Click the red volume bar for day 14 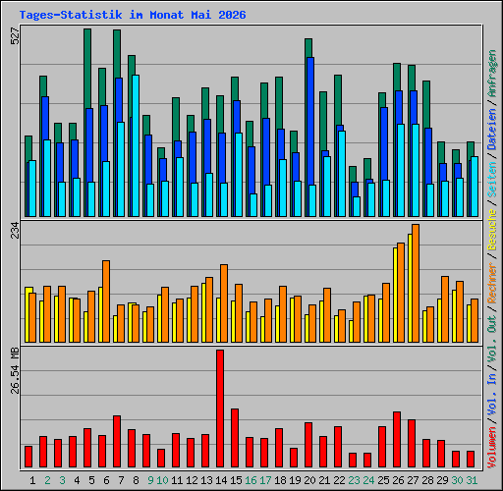click(x=220, y=409)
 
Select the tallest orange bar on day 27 click(x=416, y=283)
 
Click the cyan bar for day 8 click(x=136, y=145)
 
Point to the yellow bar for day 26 click(x=395, y=295)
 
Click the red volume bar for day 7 click(x=117, y=441)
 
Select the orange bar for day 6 click(x=106, y=301)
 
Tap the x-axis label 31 click(x=472, y=480)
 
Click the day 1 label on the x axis click(x=32, y=480)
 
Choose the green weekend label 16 click(x=251, y=480)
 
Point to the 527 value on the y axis click(x=15, y=36)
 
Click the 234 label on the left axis click(x=15, y=230)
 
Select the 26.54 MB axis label click(x=15, y=370)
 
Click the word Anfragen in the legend click(x=492, y=74)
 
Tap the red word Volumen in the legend click(x=492, y=448)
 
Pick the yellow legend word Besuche click(x=492, y=230)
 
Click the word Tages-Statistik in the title click(x=71, y=15)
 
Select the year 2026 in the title click(x=232, y=15)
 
